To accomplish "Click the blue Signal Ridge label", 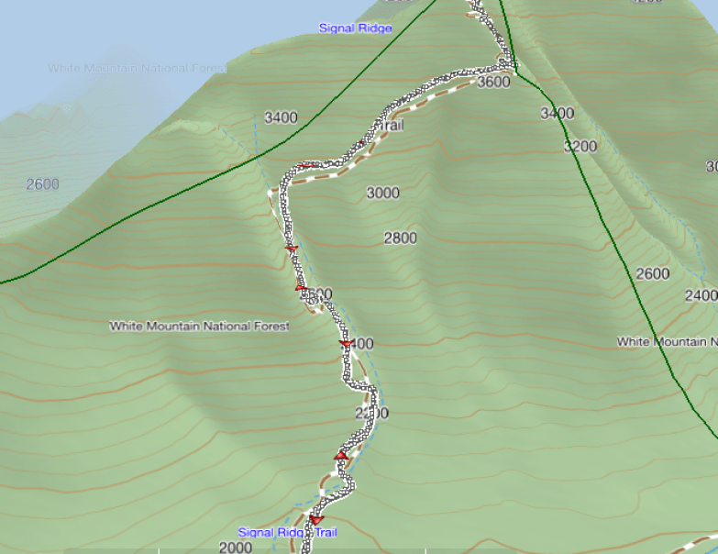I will [355, 28].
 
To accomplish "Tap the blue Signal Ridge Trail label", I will [288, 532].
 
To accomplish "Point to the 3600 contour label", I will [493, 83].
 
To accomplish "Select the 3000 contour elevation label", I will [382, 193].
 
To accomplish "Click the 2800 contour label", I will [400, 238].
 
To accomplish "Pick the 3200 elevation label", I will [580, 146].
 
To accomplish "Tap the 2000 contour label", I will [236, 548].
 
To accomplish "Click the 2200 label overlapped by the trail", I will [371, 414].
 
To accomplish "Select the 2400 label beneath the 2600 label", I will [701, 295].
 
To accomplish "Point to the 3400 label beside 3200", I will [557, 114].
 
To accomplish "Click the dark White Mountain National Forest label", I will [199, 326].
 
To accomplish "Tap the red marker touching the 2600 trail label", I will [301, 289].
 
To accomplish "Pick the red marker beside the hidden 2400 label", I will [346, 344].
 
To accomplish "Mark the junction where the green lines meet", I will [514, 72].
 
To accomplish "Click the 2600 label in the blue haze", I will [42, 184].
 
